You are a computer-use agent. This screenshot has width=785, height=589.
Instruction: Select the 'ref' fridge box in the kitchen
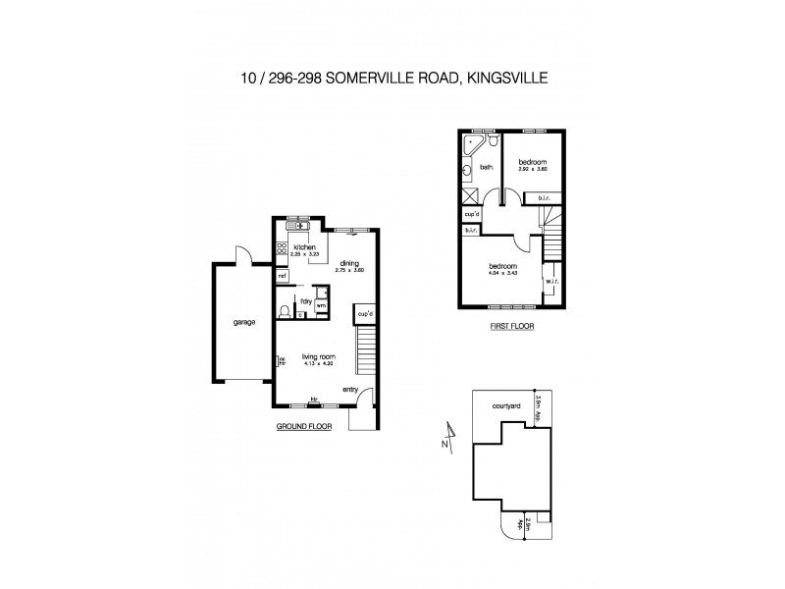tap(282, 276)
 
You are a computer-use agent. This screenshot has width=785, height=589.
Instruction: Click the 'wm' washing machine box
tap(320, 306)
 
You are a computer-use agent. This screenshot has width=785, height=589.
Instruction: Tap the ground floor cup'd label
tap(366, 313)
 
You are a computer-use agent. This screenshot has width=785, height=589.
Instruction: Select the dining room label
tap(348, 263)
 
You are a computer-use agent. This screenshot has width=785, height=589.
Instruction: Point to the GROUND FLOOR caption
tap(304, 427)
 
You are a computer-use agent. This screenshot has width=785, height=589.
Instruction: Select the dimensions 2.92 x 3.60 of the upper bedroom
tap(532, 170)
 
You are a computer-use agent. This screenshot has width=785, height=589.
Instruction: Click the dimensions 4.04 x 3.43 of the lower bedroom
tap(501, 273)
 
